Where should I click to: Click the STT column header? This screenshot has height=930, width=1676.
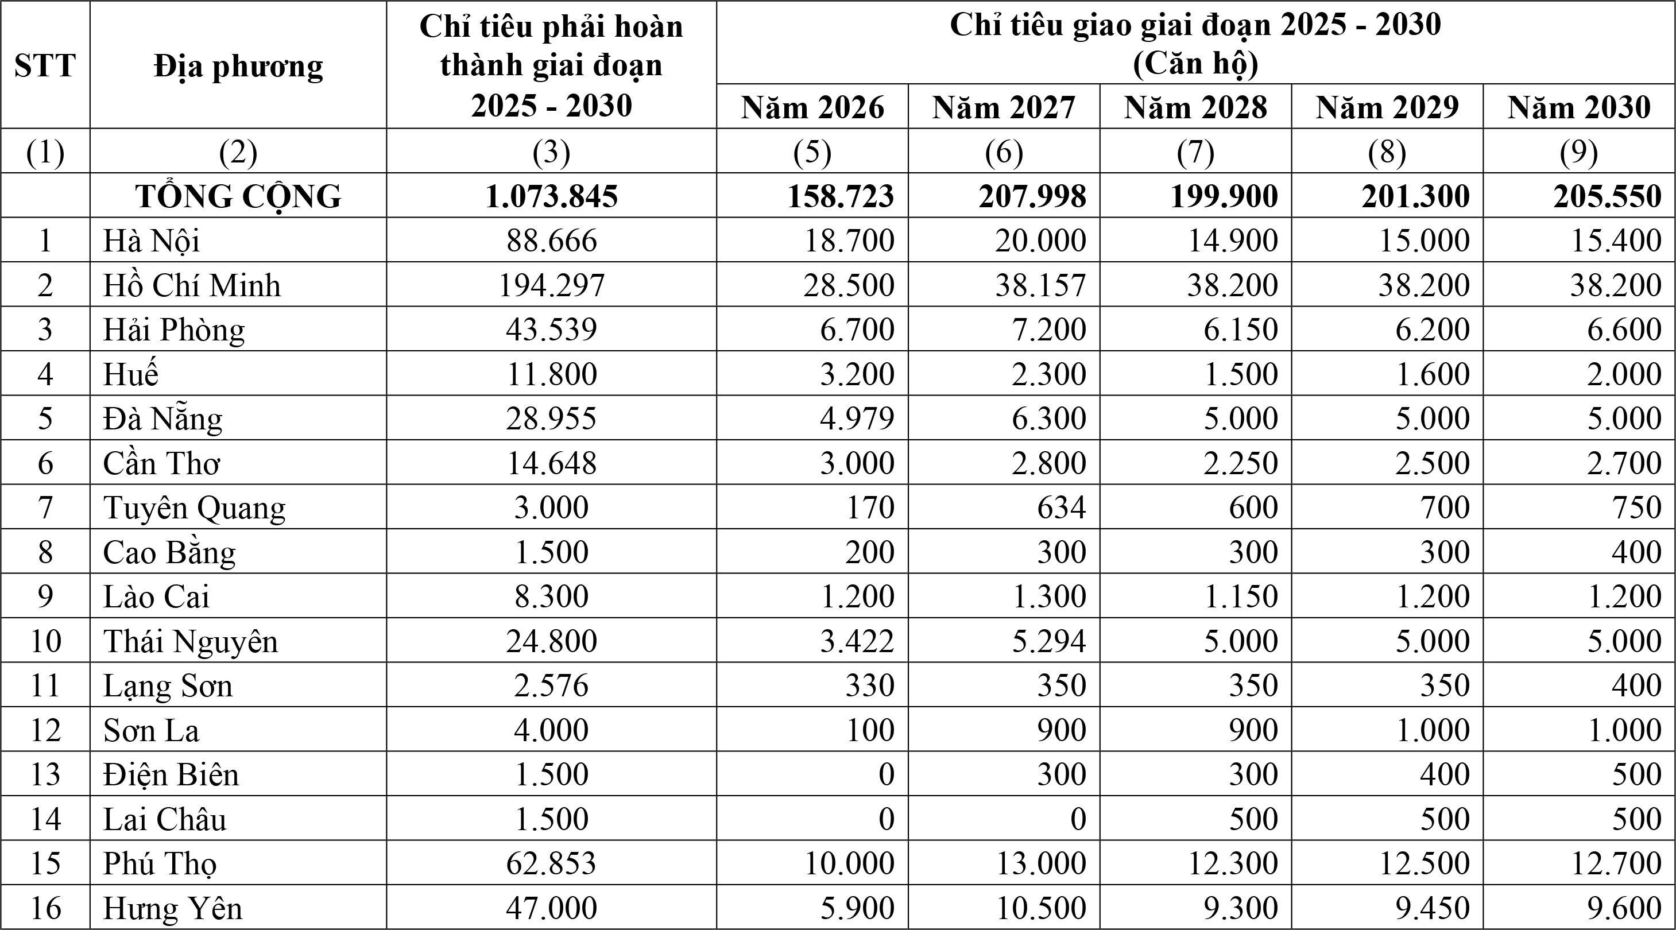(44, 65)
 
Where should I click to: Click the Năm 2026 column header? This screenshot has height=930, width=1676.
(812, 107)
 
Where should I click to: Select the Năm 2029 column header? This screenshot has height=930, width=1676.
(1387, 107)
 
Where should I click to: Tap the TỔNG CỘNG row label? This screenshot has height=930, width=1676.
(238, 196)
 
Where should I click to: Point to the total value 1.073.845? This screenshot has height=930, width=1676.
(551, 196)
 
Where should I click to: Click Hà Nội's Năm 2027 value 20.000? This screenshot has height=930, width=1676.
(1040, 241)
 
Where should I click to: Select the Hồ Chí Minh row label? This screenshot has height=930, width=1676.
(192, 285)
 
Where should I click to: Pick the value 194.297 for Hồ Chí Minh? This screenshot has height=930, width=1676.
(551, 285)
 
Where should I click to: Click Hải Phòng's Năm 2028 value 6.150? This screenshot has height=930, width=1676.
(1240, 330)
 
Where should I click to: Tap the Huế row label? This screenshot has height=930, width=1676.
(131, 374)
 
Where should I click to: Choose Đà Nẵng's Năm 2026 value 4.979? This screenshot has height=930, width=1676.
(857, 418)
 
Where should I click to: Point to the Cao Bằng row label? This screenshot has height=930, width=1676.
(169, 552)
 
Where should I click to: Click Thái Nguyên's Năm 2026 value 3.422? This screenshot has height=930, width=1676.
(857, 641)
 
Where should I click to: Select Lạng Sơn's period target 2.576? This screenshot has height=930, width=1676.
(551, 685)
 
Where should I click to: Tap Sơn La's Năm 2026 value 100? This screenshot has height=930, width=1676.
(870, 730)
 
